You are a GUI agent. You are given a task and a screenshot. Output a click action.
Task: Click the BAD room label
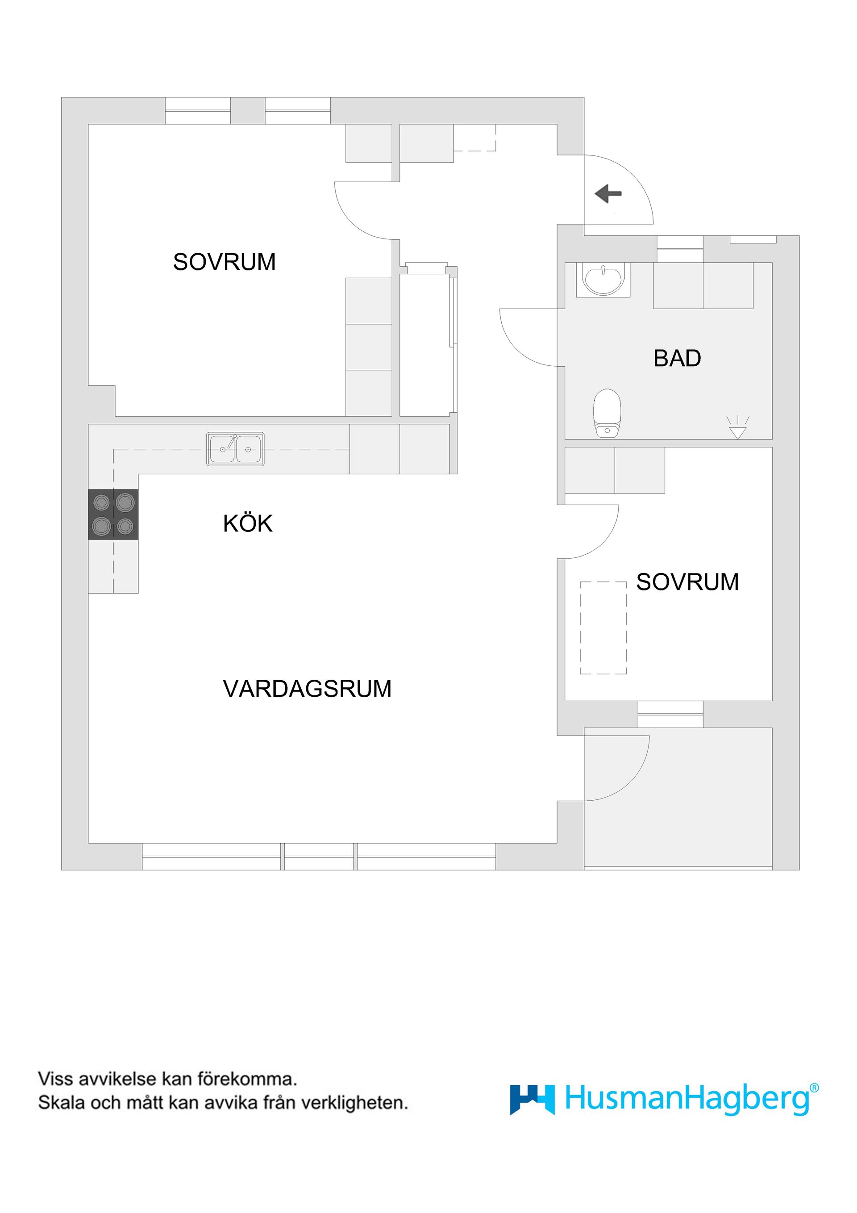pyautogui.click(x=677, y=359)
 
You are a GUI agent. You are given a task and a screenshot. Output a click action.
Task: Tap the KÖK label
pyautogui.click(x=248, y=523)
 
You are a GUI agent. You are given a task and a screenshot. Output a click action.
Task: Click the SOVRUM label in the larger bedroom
pyautogui.click(x=225, y=262)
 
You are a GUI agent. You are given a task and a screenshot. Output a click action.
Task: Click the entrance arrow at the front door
pyautogui.click(x=608, y=194)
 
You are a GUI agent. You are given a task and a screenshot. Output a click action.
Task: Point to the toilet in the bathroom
pyautogui.click(x=607, y=413)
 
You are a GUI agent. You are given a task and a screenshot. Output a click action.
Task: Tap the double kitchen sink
pyautogui.click(x=235, y=449)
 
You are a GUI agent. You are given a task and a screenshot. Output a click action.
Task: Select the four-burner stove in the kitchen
pyautogui.click(x=113, y=514)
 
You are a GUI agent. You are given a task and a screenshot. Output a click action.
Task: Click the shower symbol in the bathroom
pyautogui.click(x=738, y=427)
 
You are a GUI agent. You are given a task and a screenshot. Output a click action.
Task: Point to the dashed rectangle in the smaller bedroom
pyautogui.click(x=603, y=627)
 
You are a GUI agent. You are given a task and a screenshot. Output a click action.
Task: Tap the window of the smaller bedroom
pyautogui.click(x=670, y=714)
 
